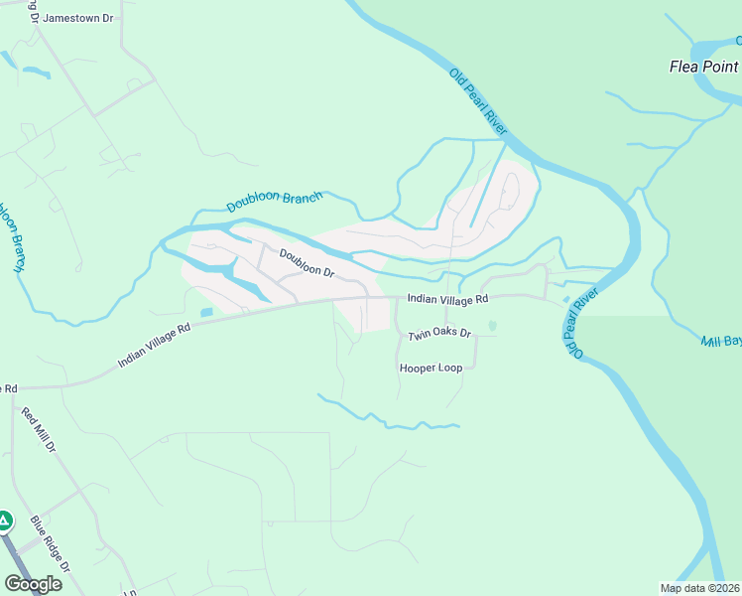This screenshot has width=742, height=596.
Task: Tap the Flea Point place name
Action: coord(703,68)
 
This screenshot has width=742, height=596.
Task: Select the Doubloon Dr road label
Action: coord(307,262)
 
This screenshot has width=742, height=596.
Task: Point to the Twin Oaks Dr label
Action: coord(438,335)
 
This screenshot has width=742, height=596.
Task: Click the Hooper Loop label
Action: coord(431,368)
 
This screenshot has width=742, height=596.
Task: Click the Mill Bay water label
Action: coord(721,342)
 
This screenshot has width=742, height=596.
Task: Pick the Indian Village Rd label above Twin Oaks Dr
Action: coord(448,299)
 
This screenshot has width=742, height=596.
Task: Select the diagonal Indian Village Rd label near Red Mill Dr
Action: coord(153,344)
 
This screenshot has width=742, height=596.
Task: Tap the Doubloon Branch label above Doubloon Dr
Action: coord(274,202)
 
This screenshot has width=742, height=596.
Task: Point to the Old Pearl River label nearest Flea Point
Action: coord(479,103)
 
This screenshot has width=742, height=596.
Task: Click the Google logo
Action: coord(33,584)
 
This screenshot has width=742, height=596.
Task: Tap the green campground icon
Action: coord(5,521)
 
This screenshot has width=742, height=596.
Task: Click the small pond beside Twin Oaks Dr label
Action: coord(493,326)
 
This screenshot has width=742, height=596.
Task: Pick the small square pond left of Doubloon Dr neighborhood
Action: coord(205,313)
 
